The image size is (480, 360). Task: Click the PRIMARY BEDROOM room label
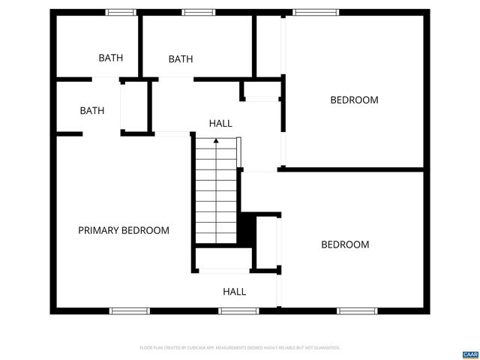tap(124, 230)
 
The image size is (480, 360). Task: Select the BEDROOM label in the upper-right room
tap(354, 100)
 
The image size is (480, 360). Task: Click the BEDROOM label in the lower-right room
tap(345, 244)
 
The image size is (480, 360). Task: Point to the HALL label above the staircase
tap(220, 123)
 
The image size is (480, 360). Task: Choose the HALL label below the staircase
tap(234, 292)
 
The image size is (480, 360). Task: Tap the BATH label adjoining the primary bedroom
tap(92, 110)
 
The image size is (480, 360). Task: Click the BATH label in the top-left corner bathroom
tap(111, 58)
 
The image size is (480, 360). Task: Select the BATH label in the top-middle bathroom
tap(181, 59)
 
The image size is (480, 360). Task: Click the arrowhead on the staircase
tap(216, 140)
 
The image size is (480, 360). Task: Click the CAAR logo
tap(469, 352)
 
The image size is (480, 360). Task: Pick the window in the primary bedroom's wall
tap(130, 310)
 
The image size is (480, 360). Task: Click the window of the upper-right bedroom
tap(311, 12)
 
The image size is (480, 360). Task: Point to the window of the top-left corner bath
tap(120, 12)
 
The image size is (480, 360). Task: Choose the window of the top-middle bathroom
tap(198, 12)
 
